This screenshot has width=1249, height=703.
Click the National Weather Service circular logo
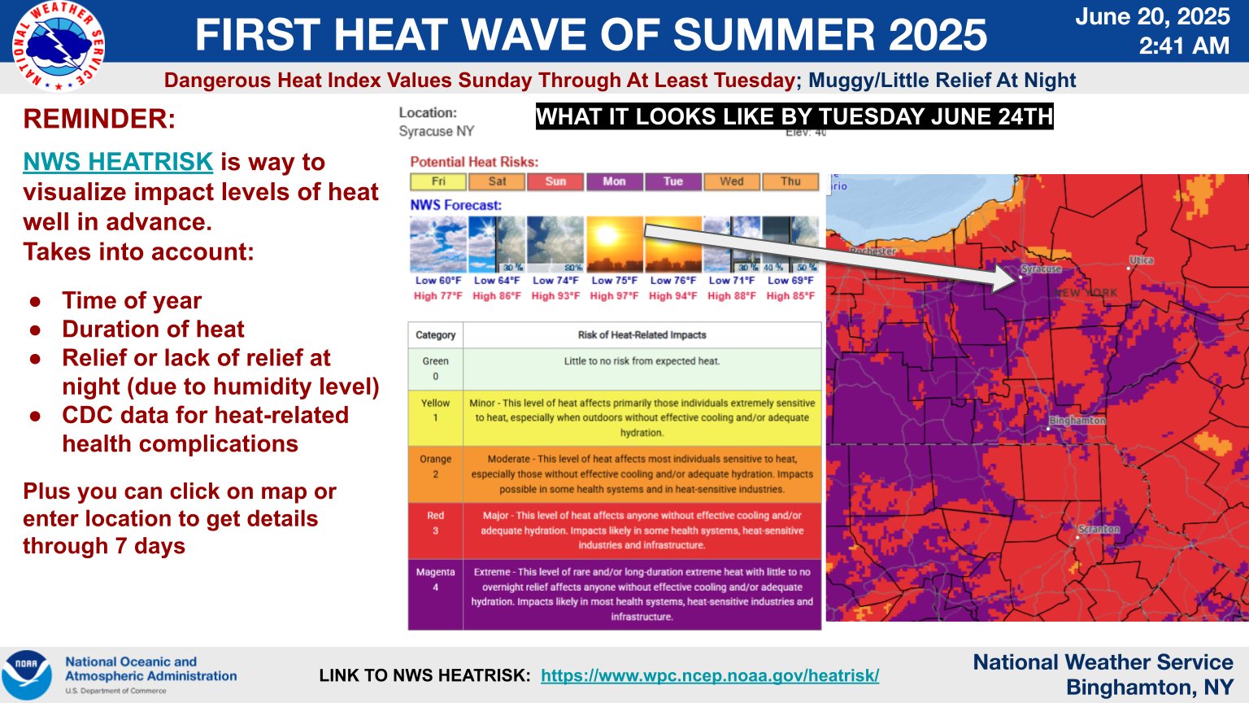[x=58, y=46]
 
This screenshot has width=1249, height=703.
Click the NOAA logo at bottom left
[x=27, y=675]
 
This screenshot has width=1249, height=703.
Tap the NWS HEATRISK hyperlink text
[x=118, y=162]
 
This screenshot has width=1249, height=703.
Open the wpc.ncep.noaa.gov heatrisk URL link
[x=709, y=675]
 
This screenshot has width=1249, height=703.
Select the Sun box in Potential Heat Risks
[x=555, y=181]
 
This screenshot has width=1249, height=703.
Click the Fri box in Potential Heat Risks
[x=438, y=181]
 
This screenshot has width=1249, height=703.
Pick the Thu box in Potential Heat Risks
[x=790, y=181]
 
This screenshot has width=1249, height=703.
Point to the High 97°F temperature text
[x=614, y=296]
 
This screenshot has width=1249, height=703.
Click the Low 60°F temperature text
[x=438, y=281]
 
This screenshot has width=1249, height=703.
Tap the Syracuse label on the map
[x=1042, y=269]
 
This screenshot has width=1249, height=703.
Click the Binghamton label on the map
[x=1077, y=421]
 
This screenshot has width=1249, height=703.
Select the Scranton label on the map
[x=1099, y=530]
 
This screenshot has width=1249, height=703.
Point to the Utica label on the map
[x=1142, y=260]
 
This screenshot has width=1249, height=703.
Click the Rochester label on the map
[x=873, y=251]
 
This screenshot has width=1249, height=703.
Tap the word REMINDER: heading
[x=99, y=120]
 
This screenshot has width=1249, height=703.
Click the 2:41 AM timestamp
[x=1184, y=46]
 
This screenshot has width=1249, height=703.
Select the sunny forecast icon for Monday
[x=614, y=244]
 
